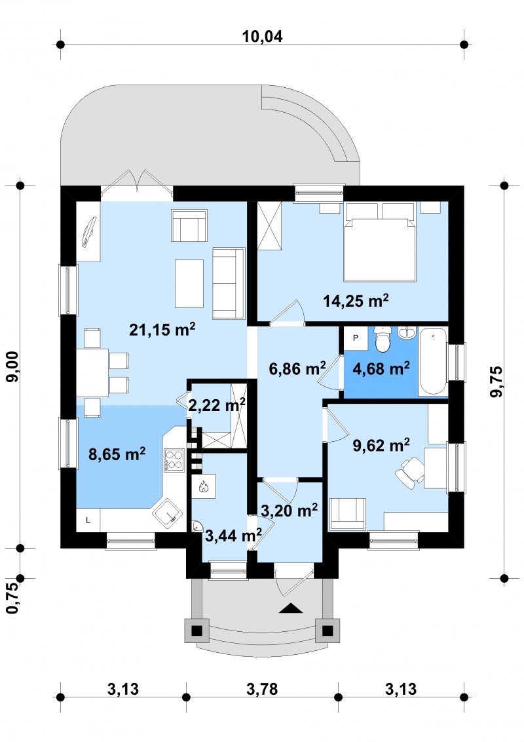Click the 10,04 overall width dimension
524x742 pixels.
(x=262, y=36)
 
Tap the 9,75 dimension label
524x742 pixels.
(x=496, y=381)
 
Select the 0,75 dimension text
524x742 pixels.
(x=13, y=598)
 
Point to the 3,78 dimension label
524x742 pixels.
(x=262, y=689)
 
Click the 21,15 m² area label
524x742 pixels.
(x=162, y=329)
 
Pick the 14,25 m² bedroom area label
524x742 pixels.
(x=356, y=300)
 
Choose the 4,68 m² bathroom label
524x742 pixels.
(x=381, y=368)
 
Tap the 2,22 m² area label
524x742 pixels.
(x=217, y=404)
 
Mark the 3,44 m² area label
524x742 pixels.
(x=234, y=536)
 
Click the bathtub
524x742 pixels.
(x=433, y=361)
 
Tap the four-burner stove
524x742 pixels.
(x=174, y=460)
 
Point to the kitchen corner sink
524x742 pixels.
(x=168, y=515)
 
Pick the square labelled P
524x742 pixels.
(x=356, y=338)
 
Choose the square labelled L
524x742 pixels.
(x=88, y=520)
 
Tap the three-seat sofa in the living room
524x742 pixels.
(x=229, y=283)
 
